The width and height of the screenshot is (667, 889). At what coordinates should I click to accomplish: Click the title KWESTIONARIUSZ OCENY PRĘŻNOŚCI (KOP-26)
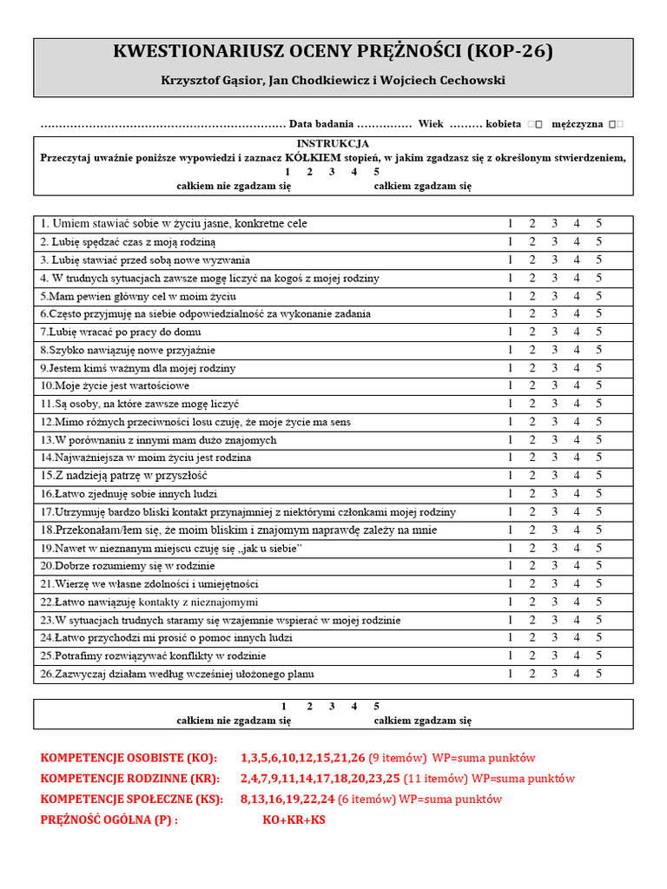(333, 53)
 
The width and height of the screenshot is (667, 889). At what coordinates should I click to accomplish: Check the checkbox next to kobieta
(535, 125)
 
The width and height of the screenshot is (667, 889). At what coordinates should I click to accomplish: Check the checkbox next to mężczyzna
(616, 125)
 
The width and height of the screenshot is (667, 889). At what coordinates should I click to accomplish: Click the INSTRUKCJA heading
(333, 143)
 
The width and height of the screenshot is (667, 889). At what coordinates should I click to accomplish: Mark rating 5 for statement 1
(598, 224)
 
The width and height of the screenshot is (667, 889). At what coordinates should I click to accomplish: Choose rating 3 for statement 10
(554, 385)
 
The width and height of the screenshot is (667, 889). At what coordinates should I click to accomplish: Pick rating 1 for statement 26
(510, 674)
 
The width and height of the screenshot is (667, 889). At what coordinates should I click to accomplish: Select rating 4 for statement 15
(577, 476)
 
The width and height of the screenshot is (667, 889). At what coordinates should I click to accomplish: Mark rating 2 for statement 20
(532, 566)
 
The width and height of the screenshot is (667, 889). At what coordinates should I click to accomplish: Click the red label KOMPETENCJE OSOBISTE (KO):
(129, 758)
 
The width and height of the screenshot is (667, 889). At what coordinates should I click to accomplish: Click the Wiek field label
(430, 124)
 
